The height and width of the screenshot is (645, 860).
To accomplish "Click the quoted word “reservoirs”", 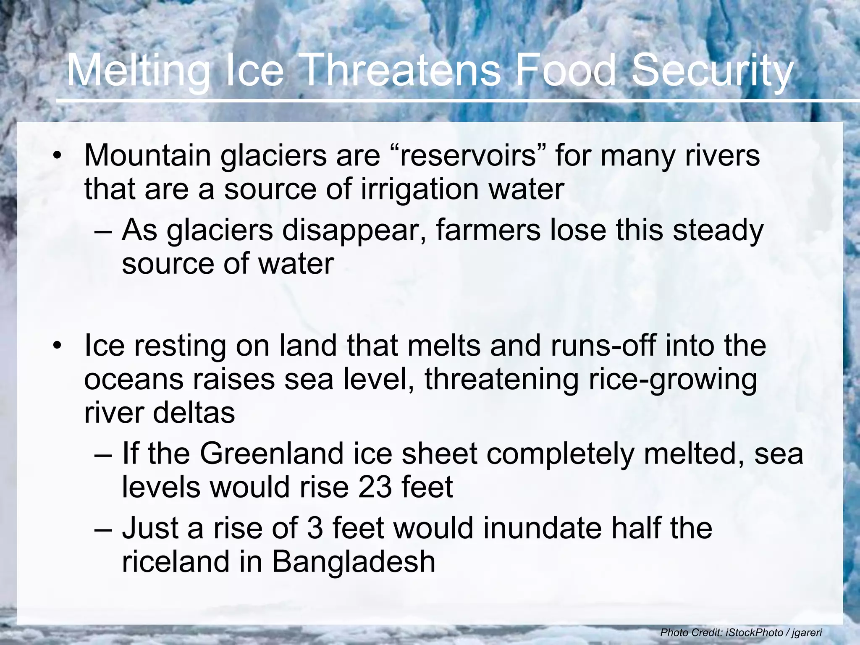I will click(467, 155).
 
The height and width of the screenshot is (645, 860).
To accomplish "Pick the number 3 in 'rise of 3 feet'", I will click(315, 528).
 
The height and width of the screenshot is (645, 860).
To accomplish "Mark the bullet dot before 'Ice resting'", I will click(58, 346).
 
